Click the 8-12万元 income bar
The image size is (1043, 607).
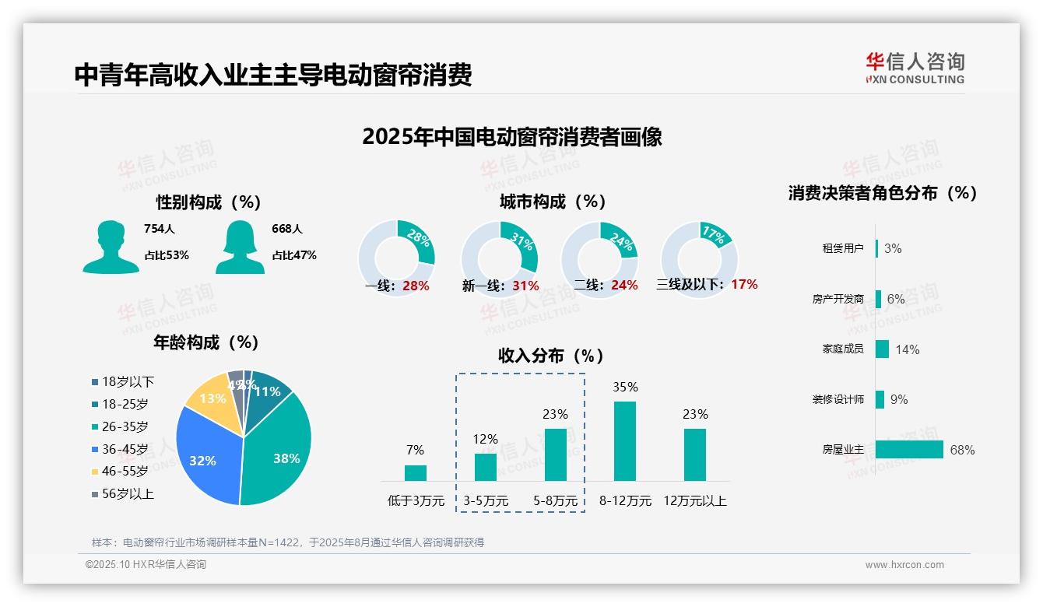click(625, 441)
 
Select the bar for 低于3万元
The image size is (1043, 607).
click(416, 473)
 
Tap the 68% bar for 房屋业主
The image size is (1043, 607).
click(909, 450)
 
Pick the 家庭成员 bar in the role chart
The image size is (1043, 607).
click(882, 349)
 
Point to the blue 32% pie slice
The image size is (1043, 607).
click(204, 459)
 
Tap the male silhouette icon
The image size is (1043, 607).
click(111, 247)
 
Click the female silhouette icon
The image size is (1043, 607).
click(240, 247)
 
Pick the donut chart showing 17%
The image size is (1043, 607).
click(699, 259)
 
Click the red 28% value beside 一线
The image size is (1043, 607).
click(416, 286)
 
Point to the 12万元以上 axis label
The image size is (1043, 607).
click(695, 501)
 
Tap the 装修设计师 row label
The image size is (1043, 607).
click(843, 400)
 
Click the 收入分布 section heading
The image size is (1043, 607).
click(551, 356)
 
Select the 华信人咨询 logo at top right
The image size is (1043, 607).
click(915, 68)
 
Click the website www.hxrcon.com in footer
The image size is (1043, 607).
click(904, 565)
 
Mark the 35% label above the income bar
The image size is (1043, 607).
click(625, 387)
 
